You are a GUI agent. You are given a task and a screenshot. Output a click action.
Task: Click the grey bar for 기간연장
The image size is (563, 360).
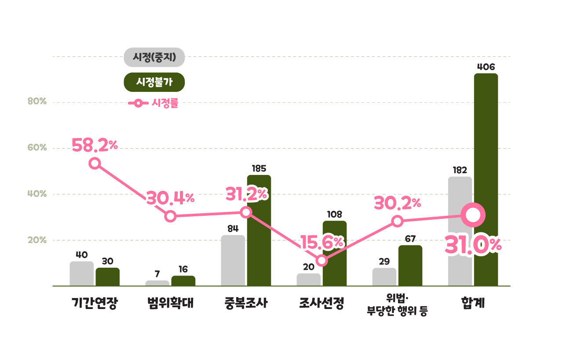82,273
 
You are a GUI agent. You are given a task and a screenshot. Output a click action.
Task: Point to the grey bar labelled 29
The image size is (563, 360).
384,277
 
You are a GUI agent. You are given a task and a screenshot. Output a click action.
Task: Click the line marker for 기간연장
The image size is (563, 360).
95,164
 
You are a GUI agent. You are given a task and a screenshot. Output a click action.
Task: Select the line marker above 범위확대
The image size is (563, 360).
171,216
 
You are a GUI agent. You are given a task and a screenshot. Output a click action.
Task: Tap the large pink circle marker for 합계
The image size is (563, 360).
473,215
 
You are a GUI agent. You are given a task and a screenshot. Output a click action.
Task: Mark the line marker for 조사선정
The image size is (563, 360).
322,261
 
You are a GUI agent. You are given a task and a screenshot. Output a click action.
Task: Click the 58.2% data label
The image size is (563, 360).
95,145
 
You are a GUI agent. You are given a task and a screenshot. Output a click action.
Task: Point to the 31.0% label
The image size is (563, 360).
473,245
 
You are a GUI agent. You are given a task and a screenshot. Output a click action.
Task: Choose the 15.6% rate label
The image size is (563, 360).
322,242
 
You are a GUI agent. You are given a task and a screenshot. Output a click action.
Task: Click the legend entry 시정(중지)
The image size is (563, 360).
154,57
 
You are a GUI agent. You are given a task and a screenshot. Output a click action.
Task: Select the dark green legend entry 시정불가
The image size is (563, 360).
154,82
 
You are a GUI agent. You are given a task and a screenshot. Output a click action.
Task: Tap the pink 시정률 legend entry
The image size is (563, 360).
154,104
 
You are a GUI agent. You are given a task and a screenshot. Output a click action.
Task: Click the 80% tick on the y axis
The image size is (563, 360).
37,102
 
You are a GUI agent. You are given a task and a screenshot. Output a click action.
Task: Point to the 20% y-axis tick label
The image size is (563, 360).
37,240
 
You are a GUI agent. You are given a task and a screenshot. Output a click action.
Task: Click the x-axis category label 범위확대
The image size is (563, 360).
171,303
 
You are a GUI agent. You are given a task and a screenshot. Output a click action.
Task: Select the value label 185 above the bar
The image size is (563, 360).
259,168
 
